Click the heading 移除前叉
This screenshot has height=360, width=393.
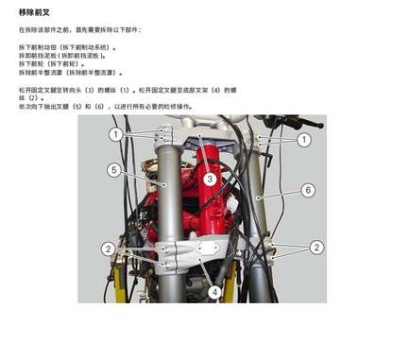(x=37, y=13)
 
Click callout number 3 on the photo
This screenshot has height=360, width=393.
(x=210, y=178)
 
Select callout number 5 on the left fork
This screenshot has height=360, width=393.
(x=112, y=170)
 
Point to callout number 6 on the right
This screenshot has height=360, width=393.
(x=308, y=190)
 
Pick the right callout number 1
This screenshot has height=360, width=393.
(x=304, y=139)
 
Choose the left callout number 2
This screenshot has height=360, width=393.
(x=110, y=248)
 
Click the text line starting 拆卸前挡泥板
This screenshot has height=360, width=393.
(x=66, y=56)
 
